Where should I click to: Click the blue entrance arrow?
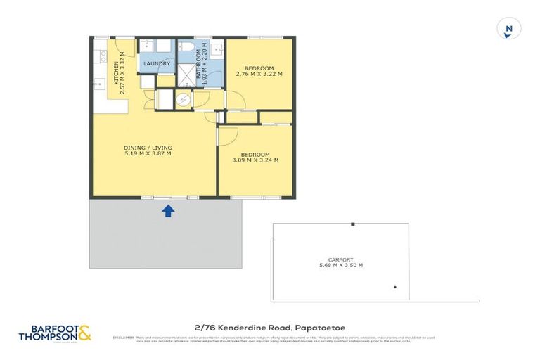168,210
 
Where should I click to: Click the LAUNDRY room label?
156,64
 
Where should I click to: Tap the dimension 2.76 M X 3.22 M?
259,74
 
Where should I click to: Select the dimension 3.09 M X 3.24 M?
255,160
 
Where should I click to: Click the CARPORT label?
340,259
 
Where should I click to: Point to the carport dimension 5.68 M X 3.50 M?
340,265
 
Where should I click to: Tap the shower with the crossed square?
188,77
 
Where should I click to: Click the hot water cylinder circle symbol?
183,100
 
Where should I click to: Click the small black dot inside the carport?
395,287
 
